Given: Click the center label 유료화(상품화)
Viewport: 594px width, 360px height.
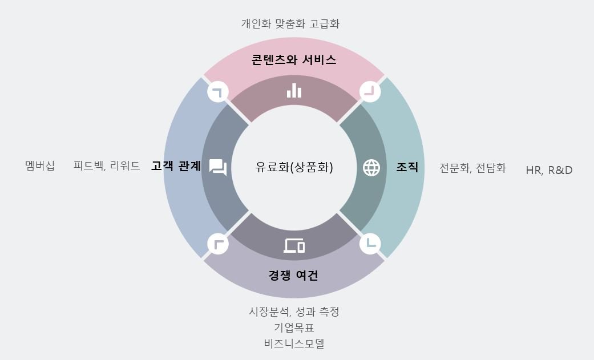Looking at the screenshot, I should pyautogui.click(x=294, y=167).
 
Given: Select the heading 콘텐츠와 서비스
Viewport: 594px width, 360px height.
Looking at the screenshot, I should pyautogui.click(x=294, y=59).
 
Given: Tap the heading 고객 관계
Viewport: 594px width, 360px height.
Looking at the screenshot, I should pyautogui.click(x=176, y=166).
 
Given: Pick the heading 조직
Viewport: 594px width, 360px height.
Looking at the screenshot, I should pyautogui.click(x=407, y=167).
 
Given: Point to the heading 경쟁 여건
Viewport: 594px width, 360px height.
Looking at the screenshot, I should pyautogui.click(x=293, y=276).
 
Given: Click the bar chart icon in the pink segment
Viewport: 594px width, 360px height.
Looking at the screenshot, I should pyautogui.click(x=294, y=90).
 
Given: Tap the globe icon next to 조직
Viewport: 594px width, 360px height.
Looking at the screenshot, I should pyautogui.click(x=371, y=168).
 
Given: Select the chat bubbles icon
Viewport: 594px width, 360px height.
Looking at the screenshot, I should pyautogui.click(x=218, y=167).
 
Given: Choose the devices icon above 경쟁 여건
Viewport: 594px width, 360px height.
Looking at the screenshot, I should pyautogui.click(x=294, y=245).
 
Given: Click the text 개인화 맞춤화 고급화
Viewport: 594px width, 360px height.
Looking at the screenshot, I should pyautogui.click(x=290, y=23).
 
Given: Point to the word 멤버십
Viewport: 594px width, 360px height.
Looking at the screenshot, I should pyautogui.click(x=40, y=166).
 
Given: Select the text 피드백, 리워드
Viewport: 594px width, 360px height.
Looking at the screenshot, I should pyautogui.click(x=107, y=166).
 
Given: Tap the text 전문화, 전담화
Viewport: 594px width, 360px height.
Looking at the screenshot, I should pyautogui.click(x=472, y=168).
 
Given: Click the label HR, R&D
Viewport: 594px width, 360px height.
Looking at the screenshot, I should pyautogui.click(x=549, y=169).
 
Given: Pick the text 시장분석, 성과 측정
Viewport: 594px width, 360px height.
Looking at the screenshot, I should pyautogui.click(x=294, y=312).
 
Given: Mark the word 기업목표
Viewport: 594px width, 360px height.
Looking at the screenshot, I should pyautogui.click(x=294, y=327).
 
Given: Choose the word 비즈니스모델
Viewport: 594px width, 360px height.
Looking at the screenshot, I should pyautogui.click(x=294, y=343).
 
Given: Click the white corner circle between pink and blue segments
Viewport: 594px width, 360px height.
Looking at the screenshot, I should pyautogui.click(x=218, y=91).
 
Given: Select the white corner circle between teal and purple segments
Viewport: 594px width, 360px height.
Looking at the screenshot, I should pyautogui.click(x=370, y=244).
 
